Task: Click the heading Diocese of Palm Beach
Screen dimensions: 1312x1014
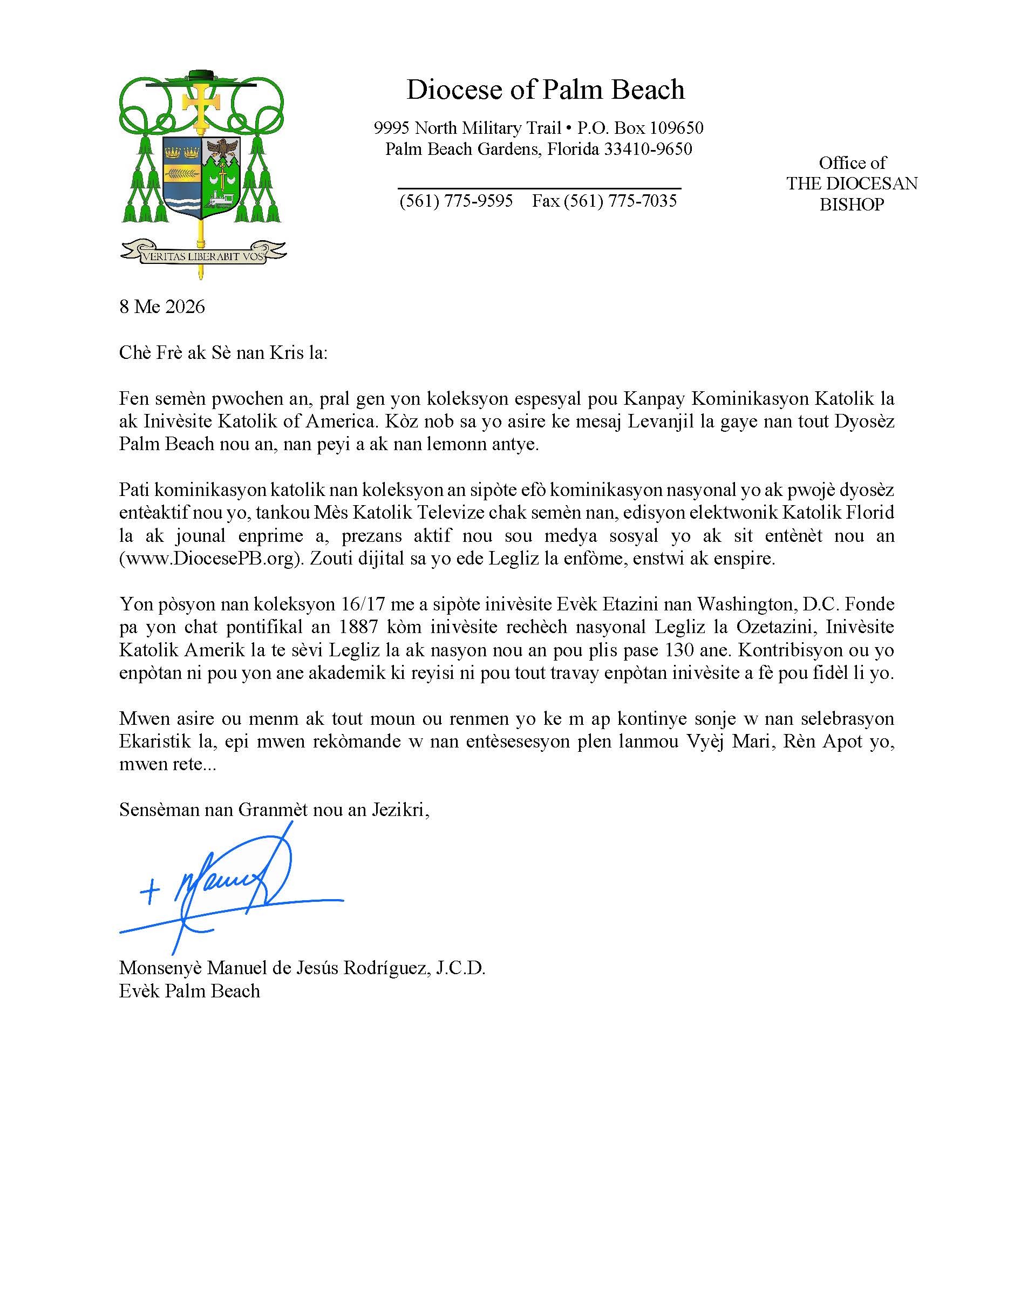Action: pos(545,90)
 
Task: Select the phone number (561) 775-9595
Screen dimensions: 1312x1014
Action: pos(456,201)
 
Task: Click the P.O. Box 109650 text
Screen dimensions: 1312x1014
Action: pos(641,128)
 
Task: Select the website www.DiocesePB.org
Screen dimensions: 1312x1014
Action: pos(209,559)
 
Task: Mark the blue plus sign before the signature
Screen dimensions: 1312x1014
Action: pos(149,893)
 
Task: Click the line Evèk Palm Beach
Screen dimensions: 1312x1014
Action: pos(189,991)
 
